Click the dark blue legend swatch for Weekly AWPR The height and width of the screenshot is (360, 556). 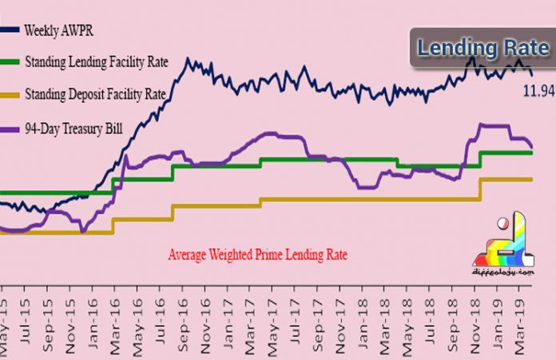(11, 30)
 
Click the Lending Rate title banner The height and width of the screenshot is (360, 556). (483, 49)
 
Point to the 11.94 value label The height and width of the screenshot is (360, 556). (538, 89)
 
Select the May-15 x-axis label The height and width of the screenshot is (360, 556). (6, 335)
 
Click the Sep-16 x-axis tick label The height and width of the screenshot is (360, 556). (193, 335)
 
